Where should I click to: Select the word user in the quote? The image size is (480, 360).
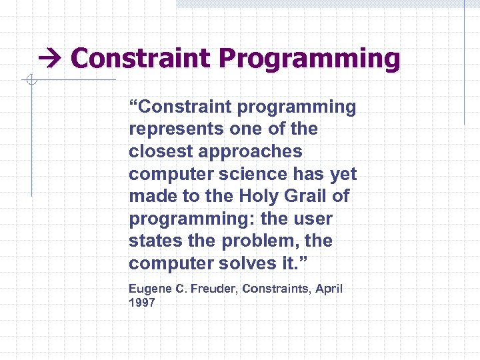[x=315, y=219]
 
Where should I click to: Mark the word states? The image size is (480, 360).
[x=153, y=241]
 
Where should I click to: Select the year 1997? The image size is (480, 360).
[x=141, y=303]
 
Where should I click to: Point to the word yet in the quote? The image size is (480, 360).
[x=344, y=174]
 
